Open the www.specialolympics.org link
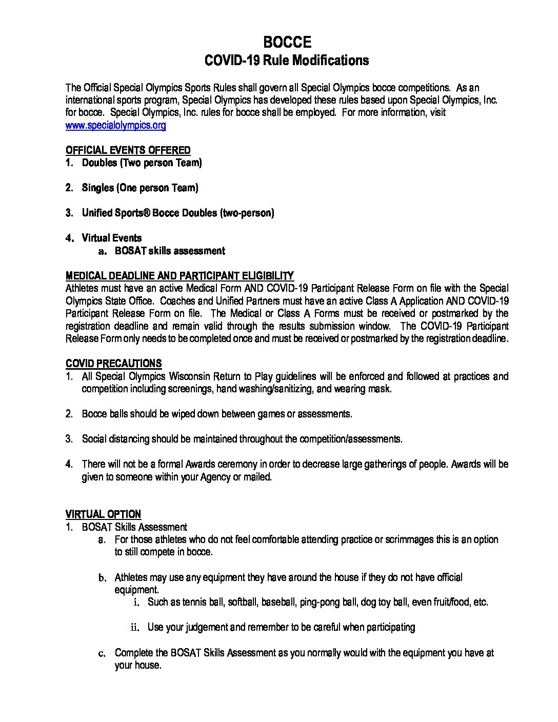pyautogui.click(x=115, y=125)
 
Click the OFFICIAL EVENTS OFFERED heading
pyautogui.click(x=128, y=150)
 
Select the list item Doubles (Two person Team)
pyautogui.click(x=142, y=163)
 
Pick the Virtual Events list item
pyautogui.click(x=112, y=238)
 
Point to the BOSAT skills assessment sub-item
pyautogui.click(x=170, y=251)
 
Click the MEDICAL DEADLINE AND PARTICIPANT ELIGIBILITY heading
pyautogui.click(x=180, y=276)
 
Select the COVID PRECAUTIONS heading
pyautogui.click(x=113, y=364)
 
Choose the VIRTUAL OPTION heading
pyautogui.click(x=103, y=514)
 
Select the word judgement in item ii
pyautogui.click(x=199, y=627)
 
